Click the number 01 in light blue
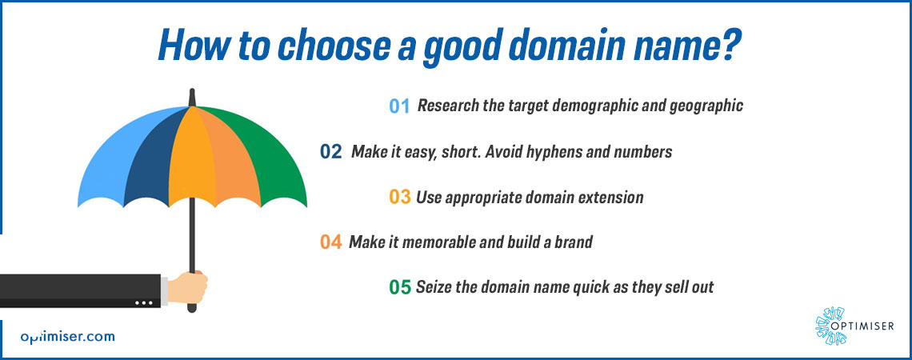[399, 106]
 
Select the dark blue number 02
[331, 152]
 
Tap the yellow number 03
[400, 197]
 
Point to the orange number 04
[331, 242]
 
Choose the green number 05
[400, 286]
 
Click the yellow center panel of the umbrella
[191, 157]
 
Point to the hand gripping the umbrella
[187, 287]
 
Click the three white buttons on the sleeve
[144, 303]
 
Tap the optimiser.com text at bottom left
[67, 337]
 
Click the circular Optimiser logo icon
[830, 326]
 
